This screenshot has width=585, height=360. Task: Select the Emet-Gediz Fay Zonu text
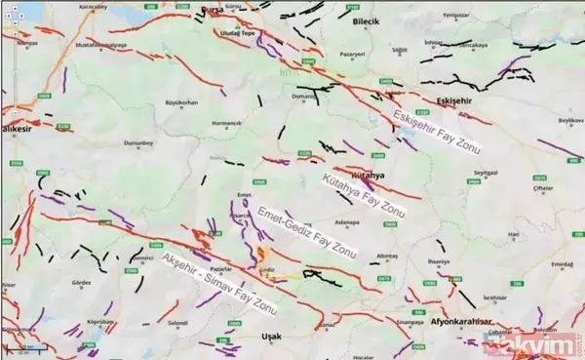click(x=305, y=233)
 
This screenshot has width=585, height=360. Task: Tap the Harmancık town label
click(x=226, y=123)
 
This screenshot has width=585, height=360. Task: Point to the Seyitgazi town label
click(x=486, y=172)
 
